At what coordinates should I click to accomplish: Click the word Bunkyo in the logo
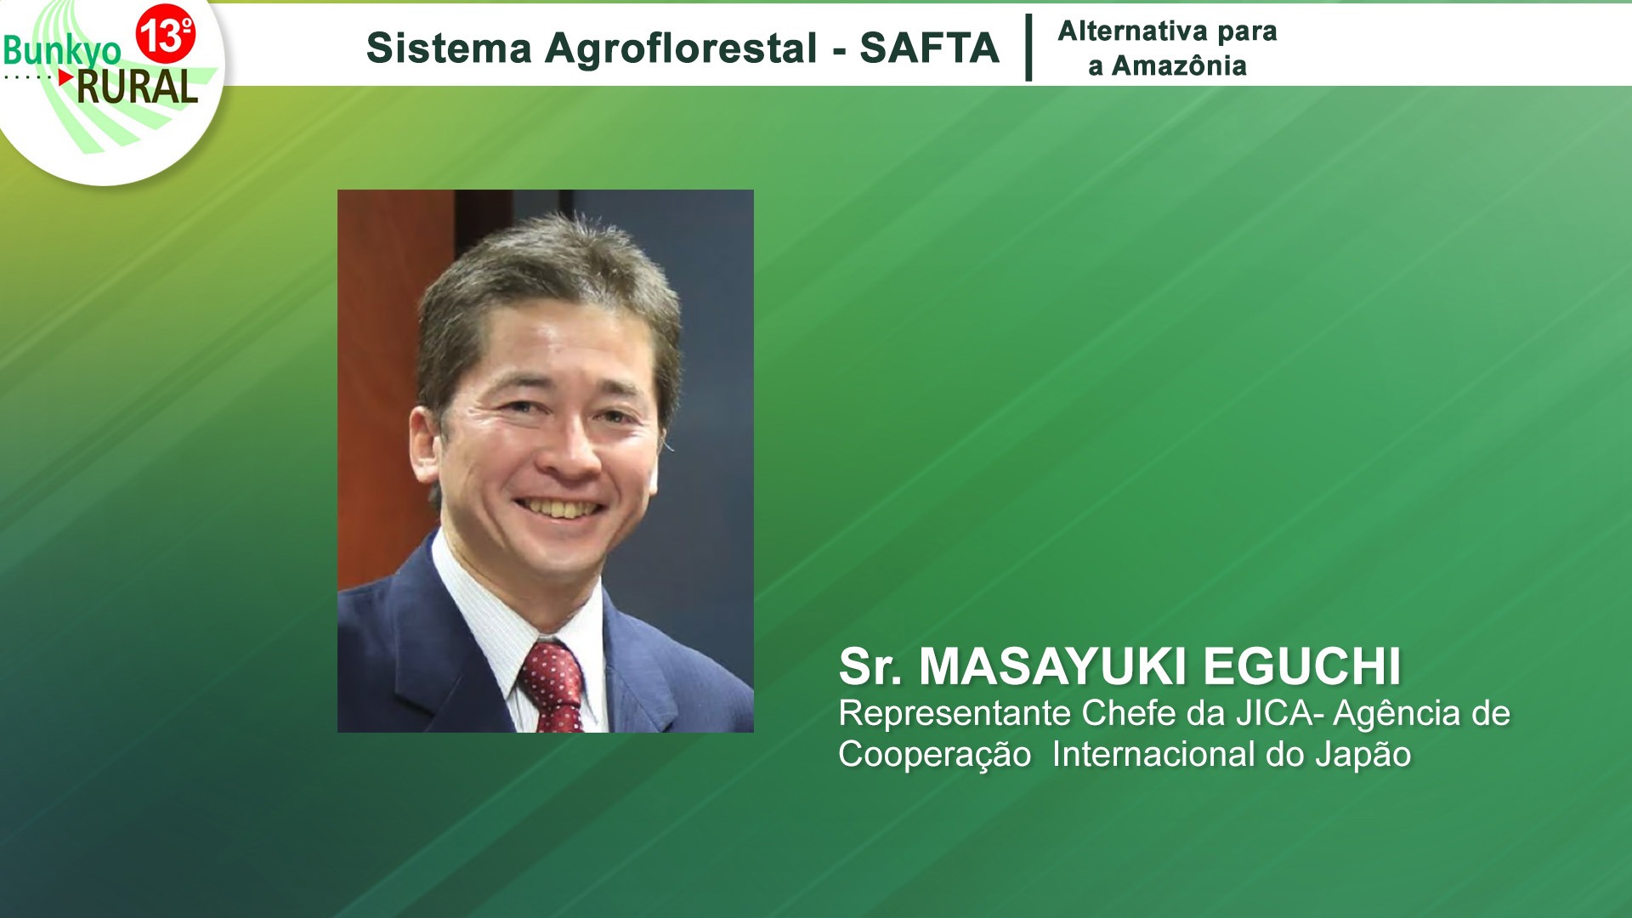(x=62, y=51)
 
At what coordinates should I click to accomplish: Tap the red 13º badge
(x=166, y=34)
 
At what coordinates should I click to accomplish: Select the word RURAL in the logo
(x=137, y=87)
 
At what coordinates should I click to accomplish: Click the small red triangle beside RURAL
(x=66, y=76)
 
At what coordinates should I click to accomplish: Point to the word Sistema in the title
(x=449, y=48)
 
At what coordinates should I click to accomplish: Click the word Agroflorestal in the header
(x=682, y=48)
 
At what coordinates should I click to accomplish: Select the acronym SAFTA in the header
(x=929, y=48)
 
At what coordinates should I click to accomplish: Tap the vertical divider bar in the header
(x=1028, y=47)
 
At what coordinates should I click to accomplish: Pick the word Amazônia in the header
(x=1179, y=65)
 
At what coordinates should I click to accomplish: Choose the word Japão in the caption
(x=1363, y=756)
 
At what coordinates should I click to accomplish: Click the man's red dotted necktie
(x=553, y=686)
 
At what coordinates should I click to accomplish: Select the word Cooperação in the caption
(x=935, y=756)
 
